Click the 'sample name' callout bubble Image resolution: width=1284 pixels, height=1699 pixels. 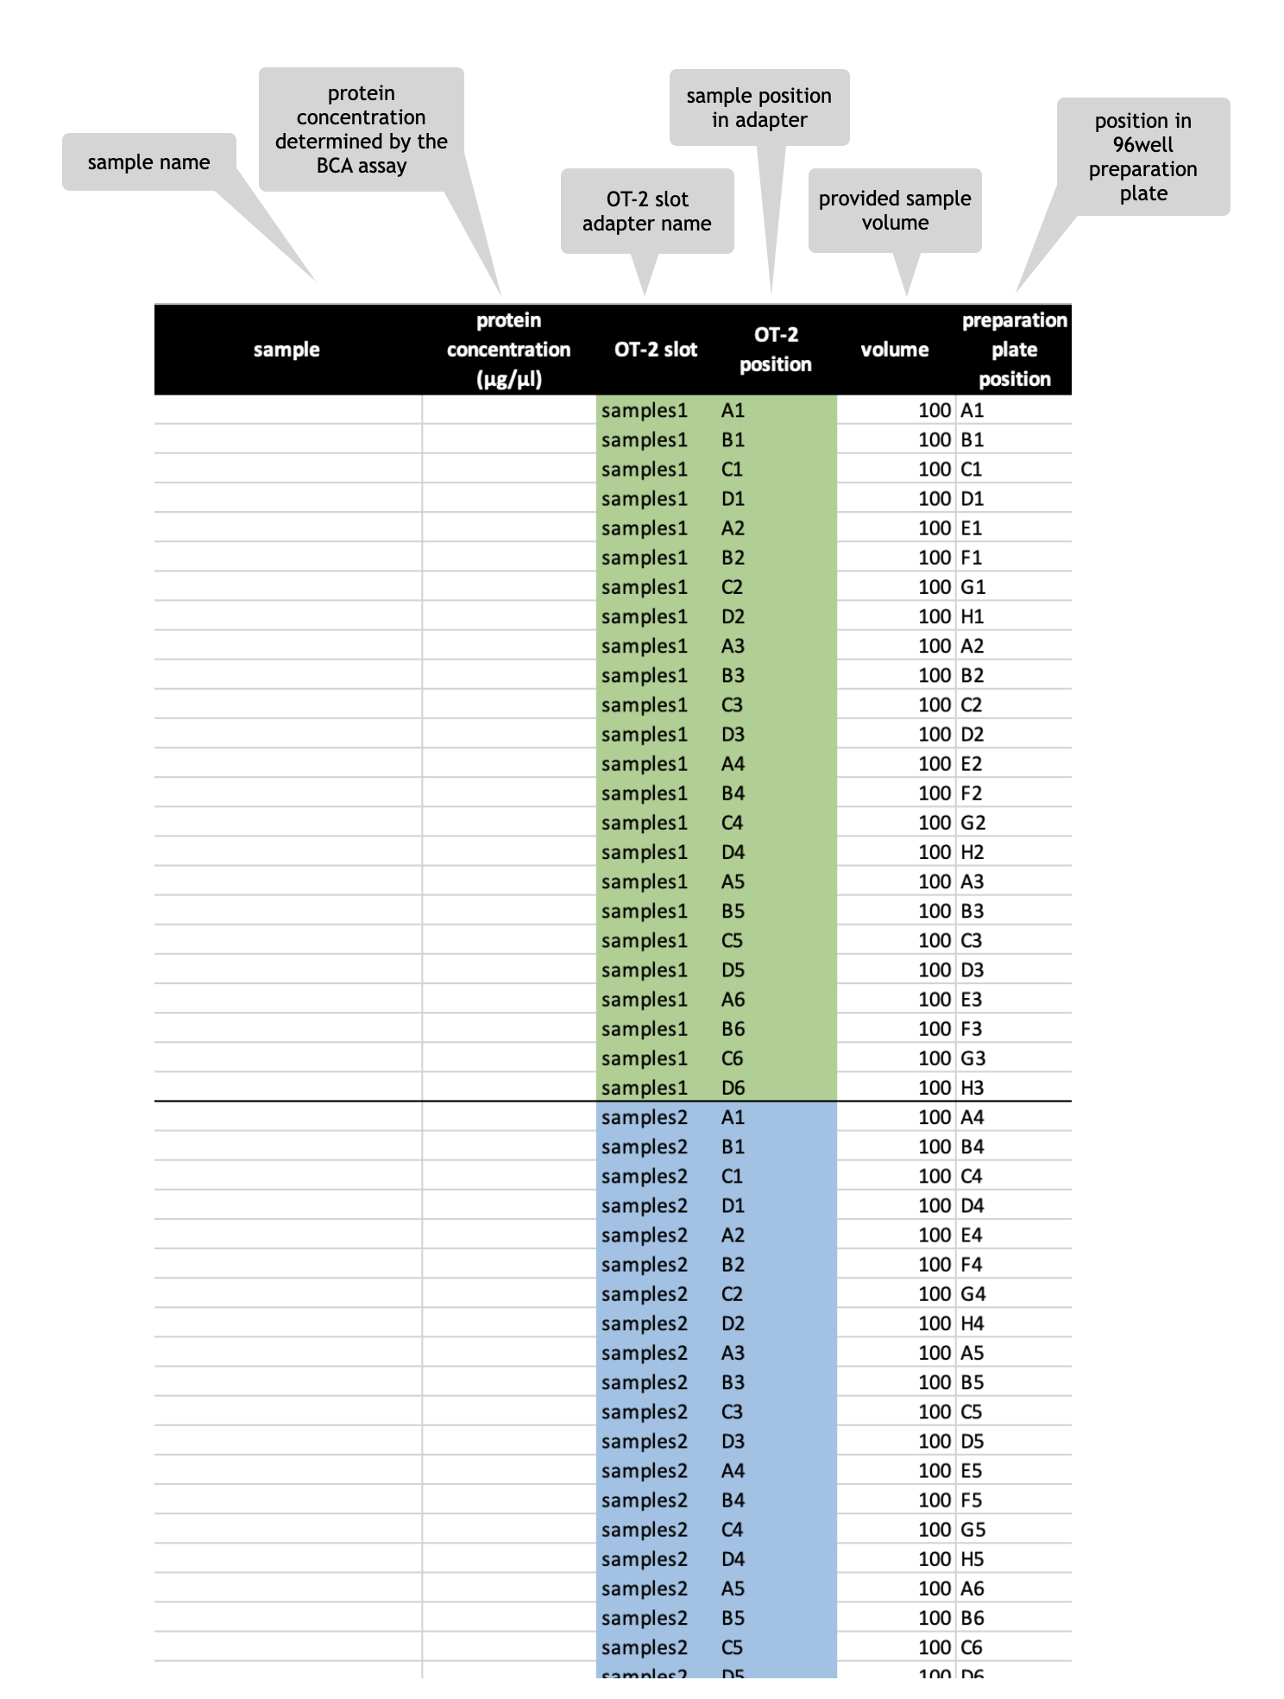point(148,162)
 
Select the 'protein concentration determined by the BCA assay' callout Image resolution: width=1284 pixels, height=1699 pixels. point(361,129)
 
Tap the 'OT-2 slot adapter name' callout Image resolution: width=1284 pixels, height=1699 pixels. point(647,212)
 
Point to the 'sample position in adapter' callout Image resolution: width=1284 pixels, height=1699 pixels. point(759,108)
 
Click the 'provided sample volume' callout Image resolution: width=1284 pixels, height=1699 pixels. point(895,211)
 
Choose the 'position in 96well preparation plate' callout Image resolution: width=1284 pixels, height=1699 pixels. point(1143,157)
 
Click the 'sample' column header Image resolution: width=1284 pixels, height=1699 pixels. point(286,350)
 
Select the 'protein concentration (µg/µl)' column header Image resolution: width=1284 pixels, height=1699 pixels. point(508,350)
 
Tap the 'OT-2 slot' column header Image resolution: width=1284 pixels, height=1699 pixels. point(656,350)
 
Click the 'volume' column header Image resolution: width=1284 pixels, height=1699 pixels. point(895,350)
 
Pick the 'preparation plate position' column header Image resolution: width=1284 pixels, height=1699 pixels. point(1015,350)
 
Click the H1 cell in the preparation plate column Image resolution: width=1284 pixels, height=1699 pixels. point(972,616)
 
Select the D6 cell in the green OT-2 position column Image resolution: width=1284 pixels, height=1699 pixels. point(733,1088)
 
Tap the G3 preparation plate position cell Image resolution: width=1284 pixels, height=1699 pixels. point(973,1058)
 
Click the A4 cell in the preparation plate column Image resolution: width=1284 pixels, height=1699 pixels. point(972,1117)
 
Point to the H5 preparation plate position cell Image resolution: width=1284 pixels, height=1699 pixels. point(972,1559)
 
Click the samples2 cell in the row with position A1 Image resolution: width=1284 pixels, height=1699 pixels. point(645,1117)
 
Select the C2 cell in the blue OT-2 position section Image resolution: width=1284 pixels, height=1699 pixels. point(732,1294)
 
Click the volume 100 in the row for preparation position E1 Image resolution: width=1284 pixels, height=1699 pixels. point(935,528)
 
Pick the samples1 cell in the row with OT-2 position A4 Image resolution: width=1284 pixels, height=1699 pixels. point(645,764)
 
